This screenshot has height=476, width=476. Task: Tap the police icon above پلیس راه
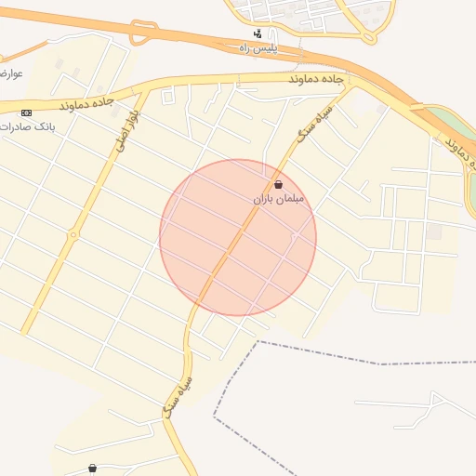258,33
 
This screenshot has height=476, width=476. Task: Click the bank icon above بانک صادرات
24,112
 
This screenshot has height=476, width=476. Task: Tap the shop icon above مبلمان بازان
279,185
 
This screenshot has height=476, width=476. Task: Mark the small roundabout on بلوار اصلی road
73,234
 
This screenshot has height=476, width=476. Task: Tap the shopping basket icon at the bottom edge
92,468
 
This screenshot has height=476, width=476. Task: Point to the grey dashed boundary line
316,352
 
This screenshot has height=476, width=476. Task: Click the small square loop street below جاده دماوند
168,96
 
